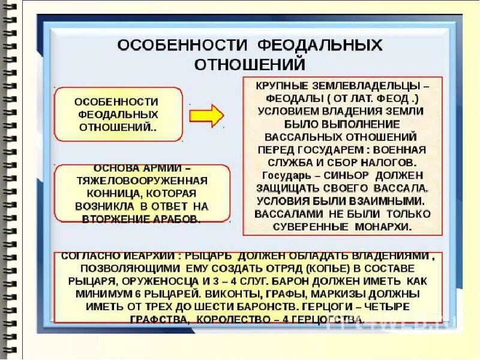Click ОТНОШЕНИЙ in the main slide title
pos(249,63)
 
